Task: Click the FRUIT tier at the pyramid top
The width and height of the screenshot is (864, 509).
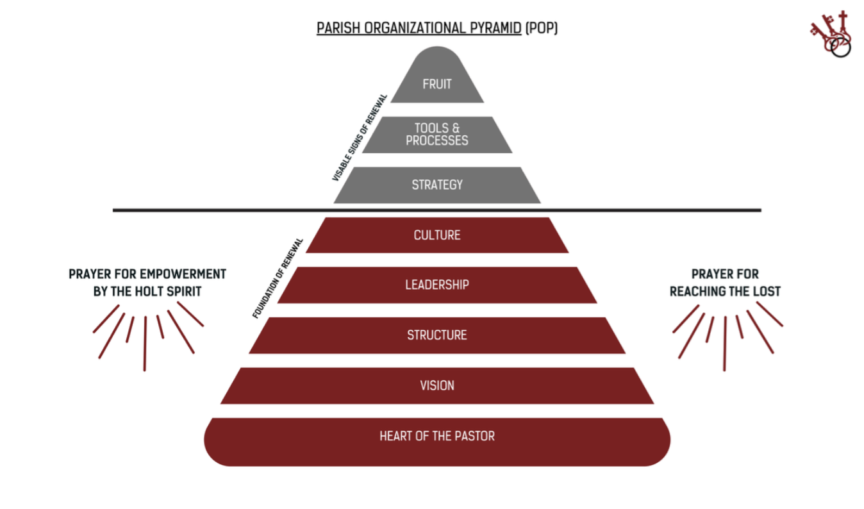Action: [x=437, y=83]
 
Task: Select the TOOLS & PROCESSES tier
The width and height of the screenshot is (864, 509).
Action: [x=437, y=135]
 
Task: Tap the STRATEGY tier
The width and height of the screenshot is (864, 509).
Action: [x=437, y=185]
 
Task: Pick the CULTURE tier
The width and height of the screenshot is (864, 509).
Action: [x=437, y=235]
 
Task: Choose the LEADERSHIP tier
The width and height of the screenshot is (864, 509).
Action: [x=437, y=285]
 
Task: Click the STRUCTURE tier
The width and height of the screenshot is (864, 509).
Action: [x=437, y=335]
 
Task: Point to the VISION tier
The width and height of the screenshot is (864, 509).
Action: [x=437, y=385]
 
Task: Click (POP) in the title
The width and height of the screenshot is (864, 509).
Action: [x=542, y=29]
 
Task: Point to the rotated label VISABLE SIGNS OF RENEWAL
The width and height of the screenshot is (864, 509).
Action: [x=360, y=138]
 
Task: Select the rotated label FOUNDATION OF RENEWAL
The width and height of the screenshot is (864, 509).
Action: [x=278, y=278]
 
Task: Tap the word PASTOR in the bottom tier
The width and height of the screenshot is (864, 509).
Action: [x=474, y=436]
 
